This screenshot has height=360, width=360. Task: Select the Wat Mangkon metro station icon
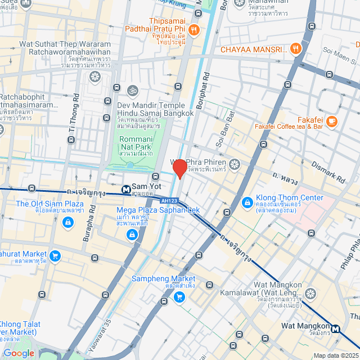336,329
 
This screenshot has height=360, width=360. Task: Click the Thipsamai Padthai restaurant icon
194,30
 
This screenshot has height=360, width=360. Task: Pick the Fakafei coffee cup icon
332,120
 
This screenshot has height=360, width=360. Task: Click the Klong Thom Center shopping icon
246,201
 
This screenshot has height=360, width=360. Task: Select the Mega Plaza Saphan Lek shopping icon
132,234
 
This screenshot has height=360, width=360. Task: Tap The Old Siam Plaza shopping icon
67,223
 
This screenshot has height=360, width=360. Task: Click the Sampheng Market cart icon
179,296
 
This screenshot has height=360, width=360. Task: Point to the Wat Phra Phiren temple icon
235,164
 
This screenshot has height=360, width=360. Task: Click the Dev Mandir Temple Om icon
133,90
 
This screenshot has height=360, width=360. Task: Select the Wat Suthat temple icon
94,75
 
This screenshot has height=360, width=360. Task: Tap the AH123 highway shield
169,200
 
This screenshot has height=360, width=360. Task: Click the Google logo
19,353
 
